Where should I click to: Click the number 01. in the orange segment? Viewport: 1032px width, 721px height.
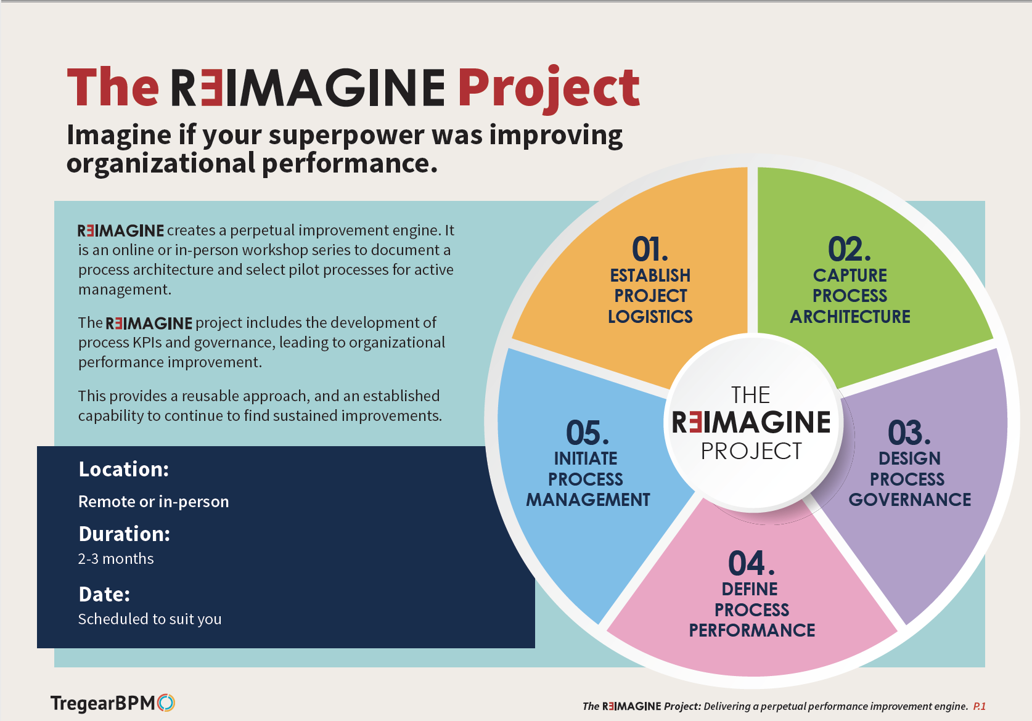650,250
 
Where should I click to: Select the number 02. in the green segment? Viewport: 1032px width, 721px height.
849,250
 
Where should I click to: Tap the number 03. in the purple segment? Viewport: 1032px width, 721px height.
909,433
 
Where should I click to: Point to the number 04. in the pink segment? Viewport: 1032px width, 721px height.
751,563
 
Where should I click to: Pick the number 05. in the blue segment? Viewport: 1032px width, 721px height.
587,433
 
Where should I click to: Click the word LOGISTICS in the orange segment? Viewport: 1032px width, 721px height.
650,317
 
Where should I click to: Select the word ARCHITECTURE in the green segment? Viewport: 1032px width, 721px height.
850,317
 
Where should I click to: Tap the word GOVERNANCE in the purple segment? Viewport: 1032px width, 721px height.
909,500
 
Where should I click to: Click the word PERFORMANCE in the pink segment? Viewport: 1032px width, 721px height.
751,630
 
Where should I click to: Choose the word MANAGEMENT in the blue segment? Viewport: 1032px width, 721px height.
588,500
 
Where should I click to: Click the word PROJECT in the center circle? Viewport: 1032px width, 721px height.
751,451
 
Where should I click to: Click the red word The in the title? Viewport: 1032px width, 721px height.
113,88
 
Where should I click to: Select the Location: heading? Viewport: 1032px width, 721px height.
123,470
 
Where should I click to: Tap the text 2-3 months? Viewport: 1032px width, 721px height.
116,559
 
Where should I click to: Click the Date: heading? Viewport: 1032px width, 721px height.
104,595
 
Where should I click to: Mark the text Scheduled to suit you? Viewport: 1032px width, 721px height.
149,619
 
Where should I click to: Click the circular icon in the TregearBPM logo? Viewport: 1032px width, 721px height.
166,703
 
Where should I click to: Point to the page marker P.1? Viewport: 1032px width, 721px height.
979,706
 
